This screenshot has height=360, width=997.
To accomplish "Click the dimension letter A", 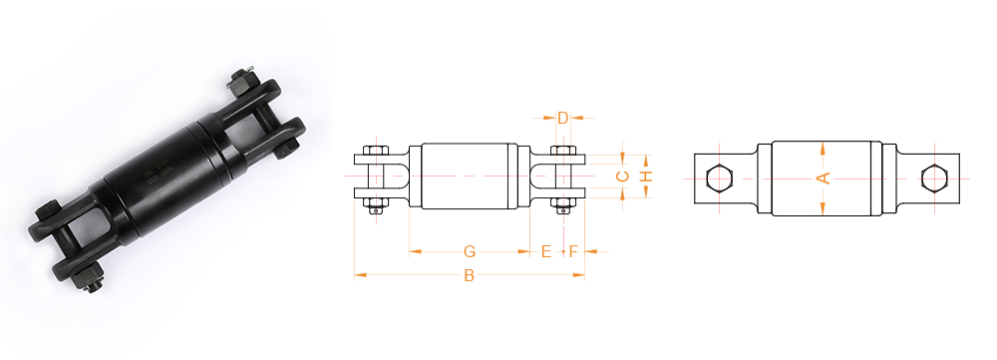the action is tap(824, 179).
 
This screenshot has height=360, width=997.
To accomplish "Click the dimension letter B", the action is tap(470, 275).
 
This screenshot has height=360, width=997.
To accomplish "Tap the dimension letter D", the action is tap(562, 118).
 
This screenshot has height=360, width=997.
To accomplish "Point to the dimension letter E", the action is tap(546, 252).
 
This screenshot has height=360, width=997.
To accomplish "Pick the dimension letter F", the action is tap(573, 252).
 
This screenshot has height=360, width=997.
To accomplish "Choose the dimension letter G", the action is tap(470, 252).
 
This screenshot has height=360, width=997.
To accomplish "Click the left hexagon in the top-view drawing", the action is tap(719, 178).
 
